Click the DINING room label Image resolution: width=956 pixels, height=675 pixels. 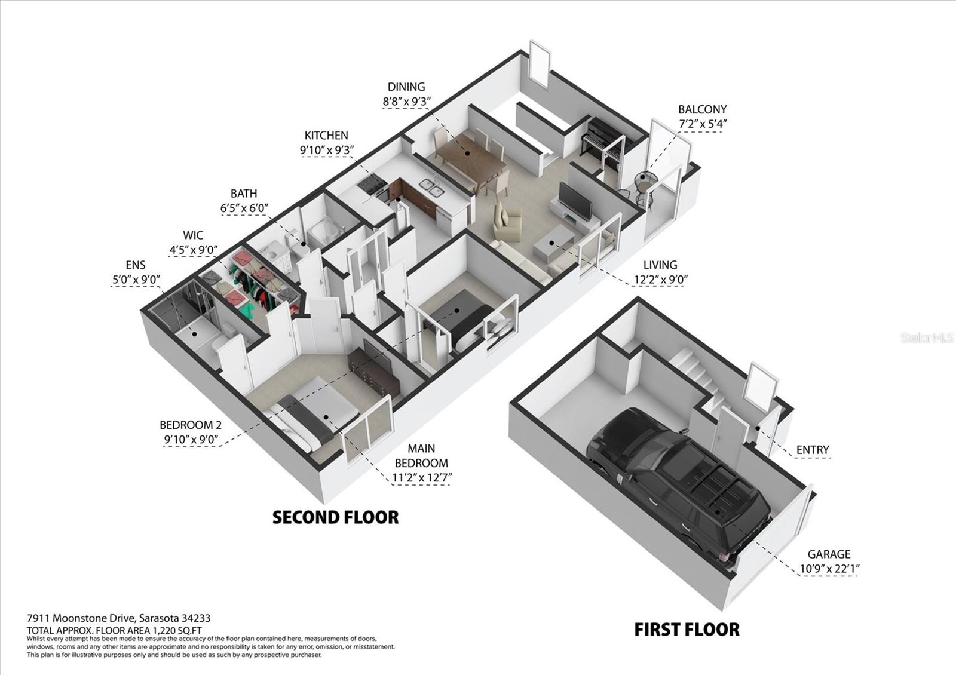(406, 87)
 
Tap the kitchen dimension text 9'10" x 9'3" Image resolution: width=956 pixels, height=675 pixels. (326, 150)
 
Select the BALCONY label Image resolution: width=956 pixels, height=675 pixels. (702, 110)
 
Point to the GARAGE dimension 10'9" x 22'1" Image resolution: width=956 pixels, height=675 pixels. (829, 569)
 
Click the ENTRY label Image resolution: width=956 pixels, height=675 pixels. (813, 450)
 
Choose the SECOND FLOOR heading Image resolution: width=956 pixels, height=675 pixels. (335, 517)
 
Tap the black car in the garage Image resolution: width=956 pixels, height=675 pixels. (679, 486)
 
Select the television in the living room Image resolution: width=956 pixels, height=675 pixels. (576, 201)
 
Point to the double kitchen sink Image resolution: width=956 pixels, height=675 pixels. (431, 188)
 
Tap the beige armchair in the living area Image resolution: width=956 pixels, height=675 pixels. (507, 222)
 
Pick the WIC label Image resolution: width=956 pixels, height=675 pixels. (193, 235)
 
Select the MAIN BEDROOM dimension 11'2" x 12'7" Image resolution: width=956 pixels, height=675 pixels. (422, 478)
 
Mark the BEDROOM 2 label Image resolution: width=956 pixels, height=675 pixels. (191, 425)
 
